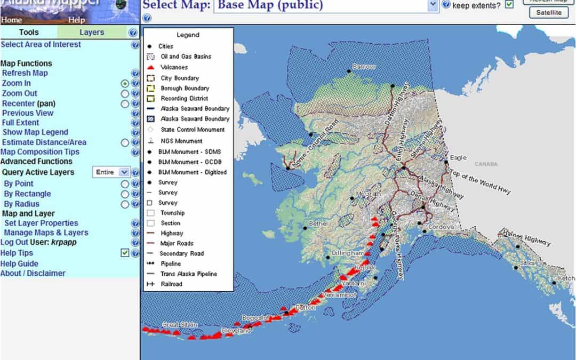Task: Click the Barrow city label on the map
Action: point(364,67)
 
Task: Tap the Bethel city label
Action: point(318,225)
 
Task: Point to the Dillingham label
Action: point(347,253)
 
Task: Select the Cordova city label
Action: point(440,227)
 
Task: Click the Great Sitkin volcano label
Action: point(180,324)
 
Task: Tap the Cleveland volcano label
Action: point(236,331)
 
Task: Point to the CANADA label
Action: point(485,164)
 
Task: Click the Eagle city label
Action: point(458,158)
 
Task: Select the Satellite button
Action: point(549,12)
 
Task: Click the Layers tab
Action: point(92,33)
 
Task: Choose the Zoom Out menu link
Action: point(20,93)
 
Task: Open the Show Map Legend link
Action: point(35,132)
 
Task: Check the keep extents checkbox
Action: point(509,5)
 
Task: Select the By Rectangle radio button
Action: point(125,194)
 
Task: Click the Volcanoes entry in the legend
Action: point(174,68)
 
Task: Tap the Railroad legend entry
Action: point(171,284)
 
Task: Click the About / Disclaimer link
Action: point(33,274)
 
